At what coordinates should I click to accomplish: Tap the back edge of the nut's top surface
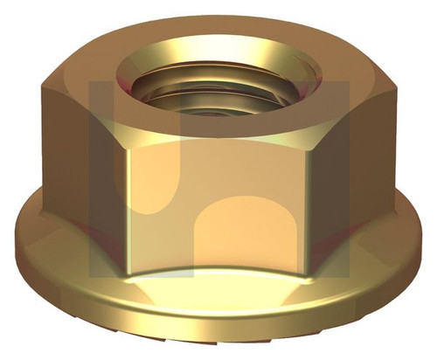(x=218, y=10)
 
